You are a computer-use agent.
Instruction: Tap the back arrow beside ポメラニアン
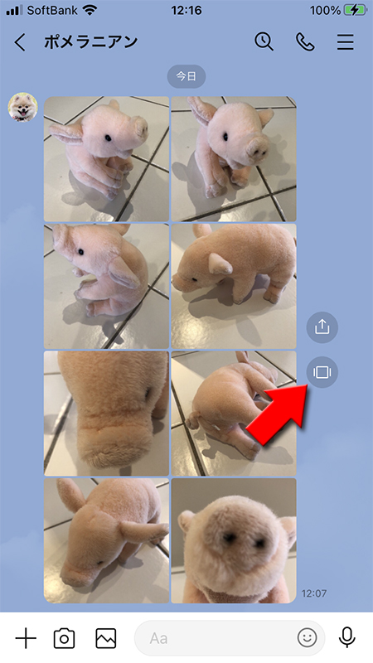(21, 42)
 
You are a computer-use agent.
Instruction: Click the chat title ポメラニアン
(91, 42)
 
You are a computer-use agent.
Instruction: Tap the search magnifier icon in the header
(264, 42)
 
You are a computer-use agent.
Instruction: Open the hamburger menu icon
(345, 42)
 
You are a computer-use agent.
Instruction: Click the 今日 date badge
(186, 76)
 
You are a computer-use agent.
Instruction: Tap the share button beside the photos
(322, 327)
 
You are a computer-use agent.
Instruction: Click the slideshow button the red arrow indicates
(322, 372)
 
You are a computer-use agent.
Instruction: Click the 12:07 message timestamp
(313, 594)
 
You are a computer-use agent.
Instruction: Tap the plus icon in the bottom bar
(27, 638)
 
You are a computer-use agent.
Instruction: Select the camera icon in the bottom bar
(64, 638)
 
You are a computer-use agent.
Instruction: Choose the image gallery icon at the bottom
(105, 638)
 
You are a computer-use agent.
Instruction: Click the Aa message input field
(216, 638)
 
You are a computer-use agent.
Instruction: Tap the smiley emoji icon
(308, 638)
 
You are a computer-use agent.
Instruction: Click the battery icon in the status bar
(355, 10)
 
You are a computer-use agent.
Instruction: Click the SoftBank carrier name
(52, 10)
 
